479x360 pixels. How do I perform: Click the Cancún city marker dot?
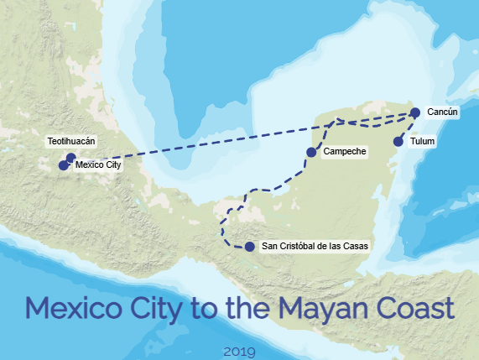[414, 112]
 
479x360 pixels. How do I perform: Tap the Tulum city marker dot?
[398, 142]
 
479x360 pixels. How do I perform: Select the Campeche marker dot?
[311, 152]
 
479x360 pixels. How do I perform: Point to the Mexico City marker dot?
[64, 165]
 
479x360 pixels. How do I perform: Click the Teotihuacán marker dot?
[70, 157]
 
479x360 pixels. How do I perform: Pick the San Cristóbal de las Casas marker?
[250, 247]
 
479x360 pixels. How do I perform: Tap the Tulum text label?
[423, 142]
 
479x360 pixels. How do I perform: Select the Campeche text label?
[344, 152]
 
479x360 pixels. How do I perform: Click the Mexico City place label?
[98, 165]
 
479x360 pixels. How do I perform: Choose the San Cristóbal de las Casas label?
[315, 247]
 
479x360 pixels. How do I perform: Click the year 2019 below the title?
[240, 349]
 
